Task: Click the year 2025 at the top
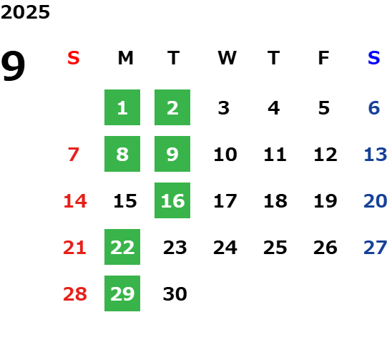click(25, 12)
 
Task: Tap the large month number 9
click(13, 66)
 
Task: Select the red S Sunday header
click(74, 58)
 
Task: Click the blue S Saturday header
click(373, 58)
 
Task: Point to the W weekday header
click(227, 58)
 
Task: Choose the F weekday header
click(324, 58)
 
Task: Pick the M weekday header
click(125, 58)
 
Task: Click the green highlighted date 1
click(122, 107)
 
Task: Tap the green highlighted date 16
click(172, 200)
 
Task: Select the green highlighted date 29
click(122, 293)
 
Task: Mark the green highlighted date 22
click(122, 247)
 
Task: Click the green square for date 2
click(172, 107)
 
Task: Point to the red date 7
click(74, 154)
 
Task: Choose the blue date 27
click(376, 248)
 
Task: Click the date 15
click(125, 201)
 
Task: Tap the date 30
click(175, 293)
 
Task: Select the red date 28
click(75, 293)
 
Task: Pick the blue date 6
click(374, 108)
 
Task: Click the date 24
click(225, 248)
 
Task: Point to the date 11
click(275, 155)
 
